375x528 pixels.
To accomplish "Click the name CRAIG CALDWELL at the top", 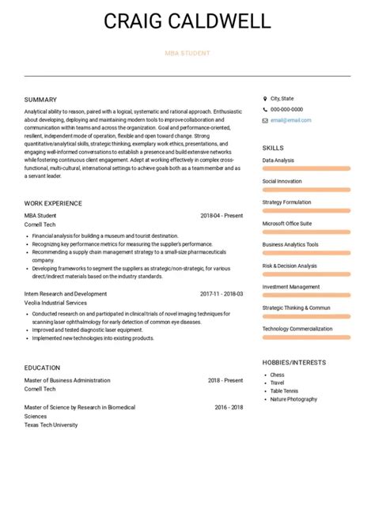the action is pyautogui.click(x=187, y=21).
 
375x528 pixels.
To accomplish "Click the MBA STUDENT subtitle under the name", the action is pyautogui.click(x=187, y=54).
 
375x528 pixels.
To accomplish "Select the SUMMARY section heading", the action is pyautogui.click(x=40, y=100).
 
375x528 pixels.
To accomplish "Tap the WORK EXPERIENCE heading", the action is pyautogui.click(x=53, y=203).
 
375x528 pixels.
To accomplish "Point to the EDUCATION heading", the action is pyautogui.click(x=42, y=368).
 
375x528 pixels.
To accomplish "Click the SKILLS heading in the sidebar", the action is pyautogui.click(x=273, y=148).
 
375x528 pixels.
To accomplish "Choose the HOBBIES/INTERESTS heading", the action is pyautogui.click(x=294, y=362).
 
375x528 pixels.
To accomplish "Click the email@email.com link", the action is pyautogui.click(x=290, y=120).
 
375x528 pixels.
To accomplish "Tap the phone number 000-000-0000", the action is pyautogui.click(x=286, y=109).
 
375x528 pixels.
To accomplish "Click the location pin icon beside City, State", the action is pyautogui.click(x=265, y=98).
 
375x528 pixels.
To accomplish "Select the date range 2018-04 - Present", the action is pyautogui.click(x=222, y=215).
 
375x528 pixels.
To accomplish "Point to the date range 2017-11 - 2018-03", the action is pyautogui.click(x=222, y=293).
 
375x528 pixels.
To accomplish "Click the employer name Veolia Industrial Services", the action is pyautogui.click(x=55, y=303).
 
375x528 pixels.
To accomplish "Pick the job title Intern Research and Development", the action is pyautogui.click(x=66, y=293).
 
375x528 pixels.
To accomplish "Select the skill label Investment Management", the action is pyautogui.click(x=291, y=287).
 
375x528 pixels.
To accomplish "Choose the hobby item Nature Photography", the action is pyautogui.click(x=294, y=399).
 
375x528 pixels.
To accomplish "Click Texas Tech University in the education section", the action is pyautogui.click(x=51, y=424).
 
